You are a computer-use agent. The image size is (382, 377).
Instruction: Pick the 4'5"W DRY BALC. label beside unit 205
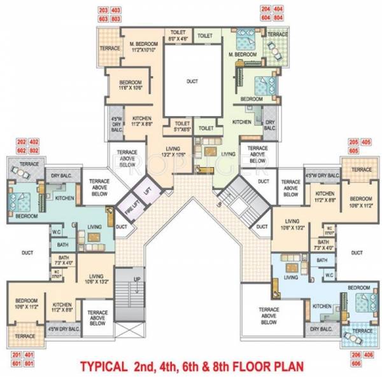tap(322, 175)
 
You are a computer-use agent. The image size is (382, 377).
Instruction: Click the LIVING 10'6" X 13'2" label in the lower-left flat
tap(96, 279)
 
